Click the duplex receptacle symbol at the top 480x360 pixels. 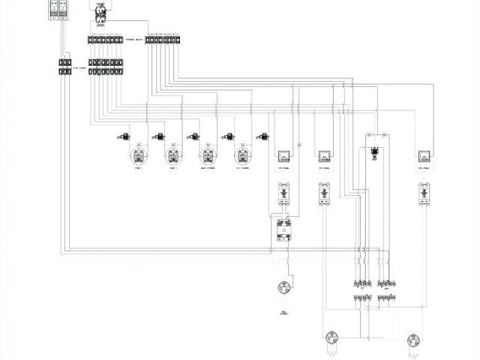pyautogui.click(x=100, y=13)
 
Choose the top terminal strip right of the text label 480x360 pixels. pyautogui.click(x=164, y=38)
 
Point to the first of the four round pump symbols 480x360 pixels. pyautogui.click(x=139, y=157)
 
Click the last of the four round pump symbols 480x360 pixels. pyautogui.click(x=241, y=157)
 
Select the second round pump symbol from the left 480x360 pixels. pyautogui.click(x=174, y=157)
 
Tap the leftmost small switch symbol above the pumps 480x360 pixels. pyautogui.click(x=124, y=137)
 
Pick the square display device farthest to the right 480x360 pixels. pyautogui.click(x=422, y=157)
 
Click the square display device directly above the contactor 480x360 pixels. pyautogui.click(x=284, y=157)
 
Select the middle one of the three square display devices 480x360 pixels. pyautogui.click(x=325, y=157)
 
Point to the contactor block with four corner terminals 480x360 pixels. pyautogui.click(x=285, y=229)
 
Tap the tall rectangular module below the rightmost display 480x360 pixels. pyautogui.click(x=422, y=194)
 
